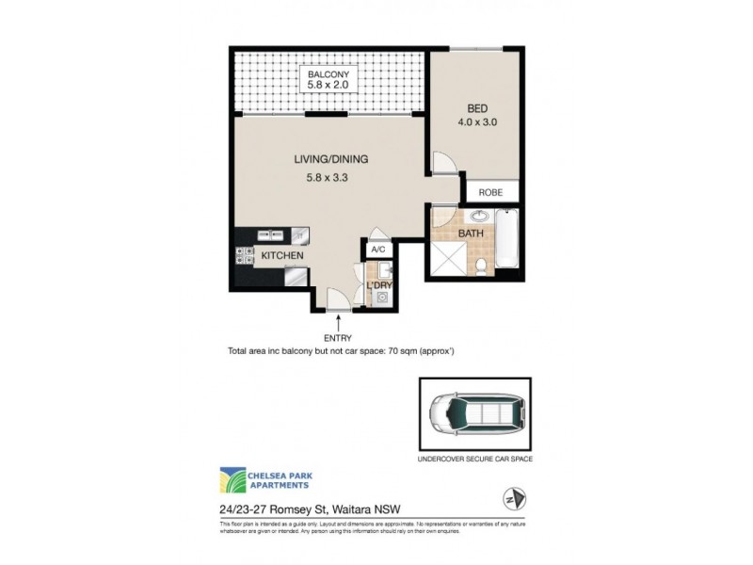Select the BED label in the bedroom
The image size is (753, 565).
(478, 108)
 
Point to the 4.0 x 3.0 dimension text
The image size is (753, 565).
(478, 121)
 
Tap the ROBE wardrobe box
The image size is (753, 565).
(490, 192)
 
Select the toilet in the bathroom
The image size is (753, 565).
(481, 266)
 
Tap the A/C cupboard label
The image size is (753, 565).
(378, 250)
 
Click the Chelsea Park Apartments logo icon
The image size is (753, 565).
(233, 480)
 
